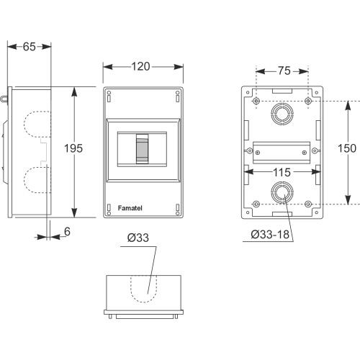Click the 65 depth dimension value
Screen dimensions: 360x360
click(30, 47)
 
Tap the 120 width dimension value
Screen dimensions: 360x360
click(140, 66)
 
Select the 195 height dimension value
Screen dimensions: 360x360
click(73, 148)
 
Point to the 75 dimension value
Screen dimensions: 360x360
click(284, 71)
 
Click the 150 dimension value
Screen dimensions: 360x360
click(347, 148)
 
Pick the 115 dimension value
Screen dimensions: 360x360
click(282, 172)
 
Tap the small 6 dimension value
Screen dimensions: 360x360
click(67, 231)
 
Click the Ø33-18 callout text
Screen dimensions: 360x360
click(270, 235)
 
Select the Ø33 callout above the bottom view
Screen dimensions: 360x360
click(138, 238)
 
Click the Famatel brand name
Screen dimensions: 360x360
click(130, 208)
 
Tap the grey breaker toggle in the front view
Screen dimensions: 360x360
click(142, 149)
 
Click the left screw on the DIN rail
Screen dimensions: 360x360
click(258, 153)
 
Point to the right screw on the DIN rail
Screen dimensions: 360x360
click(305, 153)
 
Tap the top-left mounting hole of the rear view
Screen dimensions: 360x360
click(256, 101)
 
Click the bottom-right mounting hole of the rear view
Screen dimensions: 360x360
click(307, 204)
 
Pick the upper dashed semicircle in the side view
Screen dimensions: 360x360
click(24, 124)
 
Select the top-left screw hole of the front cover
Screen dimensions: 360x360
click(109, 93)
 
